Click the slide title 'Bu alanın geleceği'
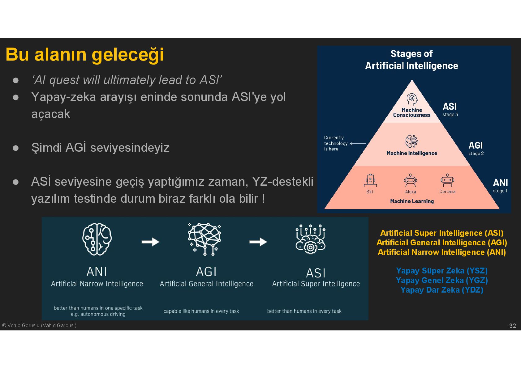click(x=84, y=55)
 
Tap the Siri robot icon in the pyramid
click(x=370, y=180)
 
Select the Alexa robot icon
click(x=410, y=180)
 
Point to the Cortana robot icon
click(x=447, y=180)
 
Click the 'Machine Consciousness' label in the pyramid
click(x=411, y=112)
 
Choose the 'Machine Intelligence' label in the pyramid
click(x=411, y=153)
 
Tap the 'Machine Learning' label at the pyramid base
click(x=412, y=201)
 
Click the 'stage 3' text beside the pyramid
click(x=450, y=115)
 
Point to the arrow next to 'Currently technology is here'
click(x=358, y=144)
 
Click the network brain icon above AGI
click(x=205, y=239)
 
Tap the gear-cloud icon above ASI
click(x=310, y=239)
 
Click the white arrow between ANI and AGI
click(x=150, y=242)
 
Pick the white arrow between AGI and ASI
click(x=258, y=242)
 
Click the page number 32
click(x=512, y=326)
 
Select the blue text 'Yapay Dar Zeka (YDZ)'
click(x=441, y=290)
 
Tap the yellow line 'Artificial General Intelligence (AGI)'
click(x=441, y=243)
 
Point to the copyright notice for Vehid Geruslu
click(x=39, y=325)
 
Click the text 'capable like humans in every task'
click(x=201, y=311)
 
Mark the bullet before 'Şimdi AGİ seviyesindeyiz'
click(x=16, y=148)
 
